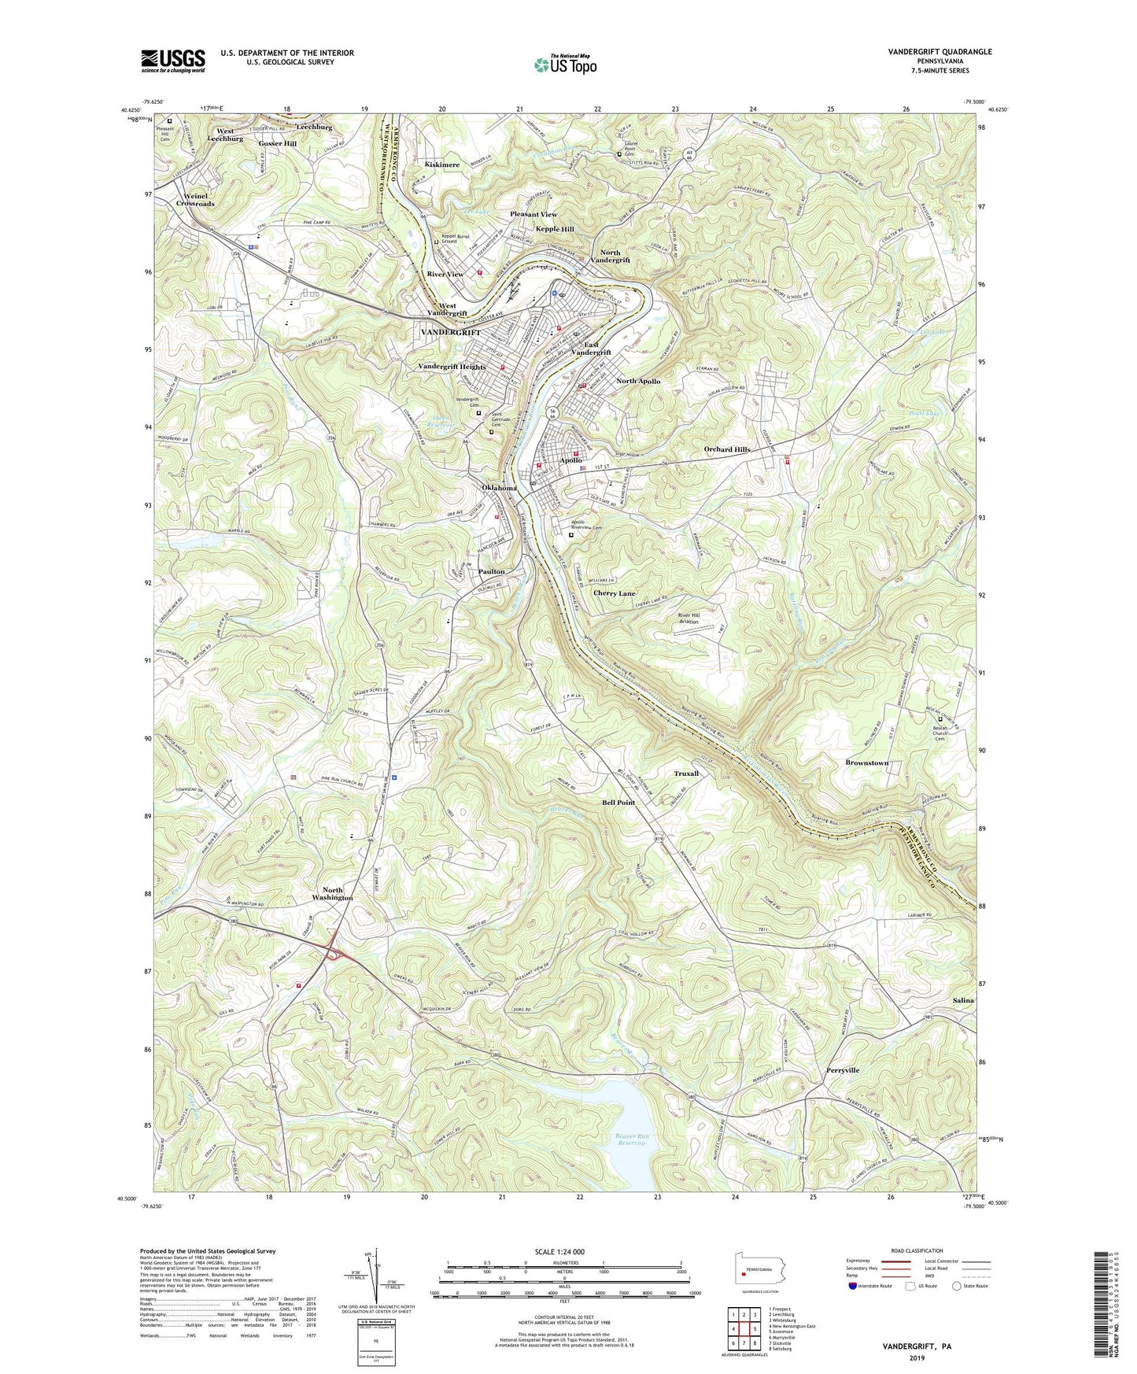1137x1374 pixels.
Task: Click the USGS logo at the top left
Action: pos(173,60)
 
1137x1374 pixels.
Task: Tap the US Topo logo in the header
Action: pos(564,65)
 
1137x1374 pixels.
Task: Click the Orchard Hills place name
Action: pos(726,449)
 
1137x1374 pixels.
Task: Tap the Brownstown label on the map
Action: pos(866,763)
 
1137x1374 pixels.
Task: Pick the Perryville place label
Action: pos(843,1070)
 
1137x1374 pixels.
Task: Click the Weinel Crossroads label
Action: pos(195,200)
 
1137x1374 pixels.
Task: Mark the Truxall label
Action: pos(686,774)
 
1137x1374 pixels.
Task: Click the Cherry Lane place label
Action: pos(615,593)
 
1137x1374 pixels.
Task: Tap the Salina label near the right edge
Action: pos(963,1000)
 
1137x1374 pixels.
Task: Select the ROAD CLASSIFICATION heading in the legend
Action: pos(917,1250)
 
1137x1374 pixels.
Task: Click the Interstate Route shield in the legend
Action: pos(853,1286)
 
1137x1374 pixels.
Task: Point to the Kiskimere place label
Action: pos(441,164)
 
